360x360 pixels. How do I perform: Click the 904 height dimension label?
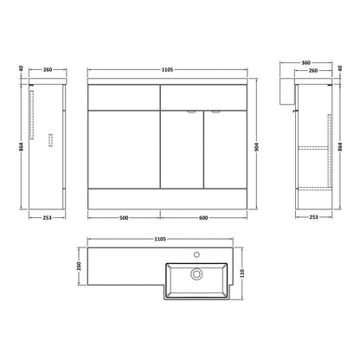(x=257, y=147)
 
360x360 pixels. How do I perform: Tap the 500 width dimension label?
(x=124, y=218)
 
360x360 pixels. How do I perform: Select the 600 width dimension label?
(x=203, y=218)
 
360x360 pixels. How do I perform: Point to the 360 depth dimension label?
(x=305, y=62)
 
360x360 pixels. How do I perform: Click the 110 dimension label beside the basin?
(x=242, y=273)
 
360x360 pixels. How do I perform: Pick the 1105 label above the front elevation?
(x=167, y=69)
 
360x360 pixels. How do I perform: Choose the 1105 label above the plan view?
(x=160, y=239)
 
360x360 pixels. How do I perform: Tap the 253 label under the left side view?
(x=47, y=218)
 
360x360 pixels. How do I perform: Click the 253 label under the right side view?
(x=313, y=217)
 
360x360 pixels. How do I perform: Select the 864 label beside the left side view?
(x=21, y=147)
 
